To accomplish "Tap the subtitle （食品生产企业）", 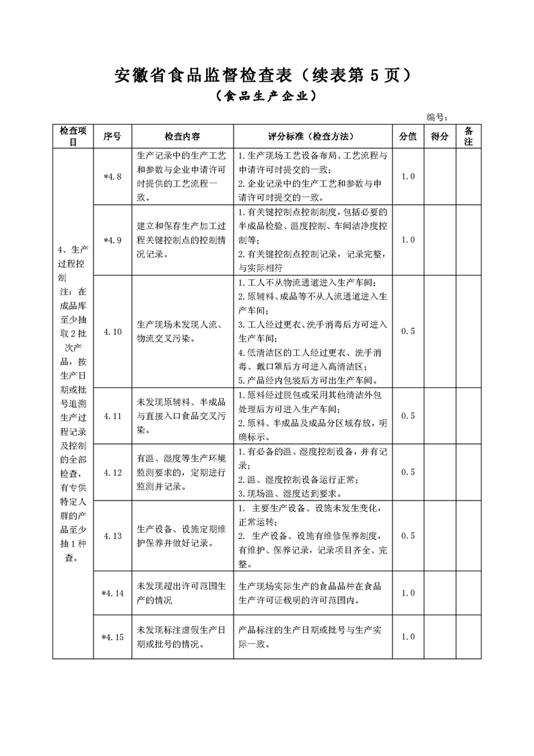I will click(267, 97).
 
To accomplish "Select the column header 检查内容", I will click(182, 136).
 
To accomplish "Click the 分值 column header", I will click(408, 136).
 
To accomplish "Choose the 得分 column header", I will click(440, 136).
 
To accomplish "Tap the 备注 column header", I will click(469, 136).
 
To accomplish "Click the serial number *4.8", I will click(112, 177).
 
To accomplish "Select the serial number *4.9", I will click(112, 240).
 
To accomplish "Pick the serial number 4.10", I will click(112, 332).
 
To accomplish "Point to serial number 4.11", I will click(112, 416).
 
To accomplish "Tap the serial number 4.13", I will click(112, 536).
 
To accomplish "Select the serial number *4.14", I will click(112, 593).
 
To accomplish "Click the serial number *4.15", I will click(112, 637).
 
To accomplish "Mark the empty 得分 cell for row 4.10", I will click(440, 332).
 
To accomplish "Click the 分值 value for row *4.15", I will click(408, 637).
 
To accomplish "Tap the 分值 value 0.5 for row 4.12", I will click(408, 472).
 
